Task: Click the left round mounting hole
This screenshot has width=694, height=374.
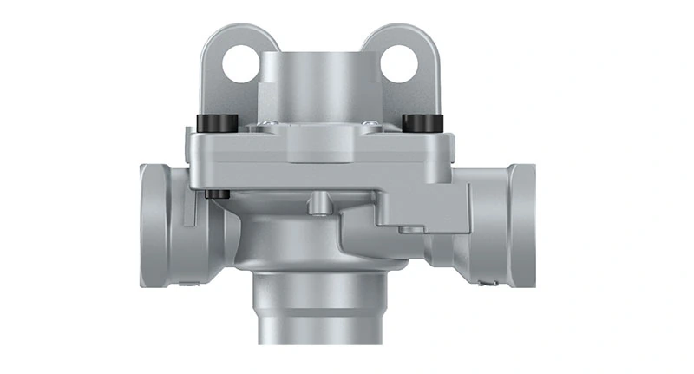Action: tap(239, 63)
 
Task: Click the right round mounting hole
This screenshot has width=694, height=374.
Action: tap(399, 63)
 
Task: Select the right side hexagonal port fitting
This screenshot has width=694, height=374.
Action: tap(494, 224)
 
